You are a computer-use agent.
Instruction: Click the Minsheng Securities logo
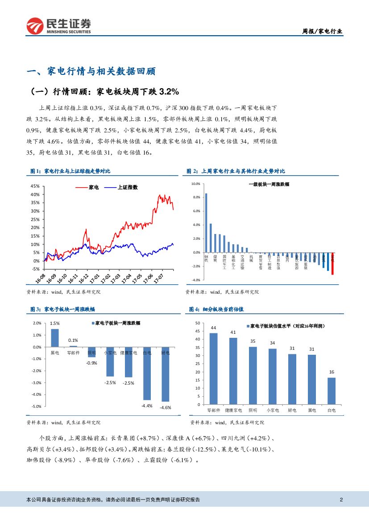tap(58, 26)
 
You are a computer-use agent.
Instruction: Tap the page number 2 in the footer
tap(341, 500)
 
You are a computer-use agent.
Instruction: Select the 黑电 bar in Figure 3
tap(54, 338)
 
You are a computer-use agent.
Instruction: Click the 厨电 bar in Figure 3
tap(165, 374)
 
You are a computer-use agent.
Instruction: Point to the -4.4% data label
tap(147, 406)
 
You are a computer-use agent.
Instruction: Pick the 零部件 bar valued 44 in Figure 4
tap(213, 369)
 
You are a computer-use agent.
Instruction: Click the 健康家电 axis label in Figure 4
tap(233, 410)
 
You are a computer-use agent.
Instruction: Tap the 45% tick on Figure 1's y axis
tap(35, 186)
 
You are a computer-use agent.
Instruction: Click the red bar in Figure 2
tap(332, 263)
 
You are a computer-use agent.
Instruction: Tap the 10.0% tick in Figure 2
tap(196, 184)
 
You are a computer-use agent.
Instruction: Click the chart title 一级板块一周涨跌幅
tap(269, 184)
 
